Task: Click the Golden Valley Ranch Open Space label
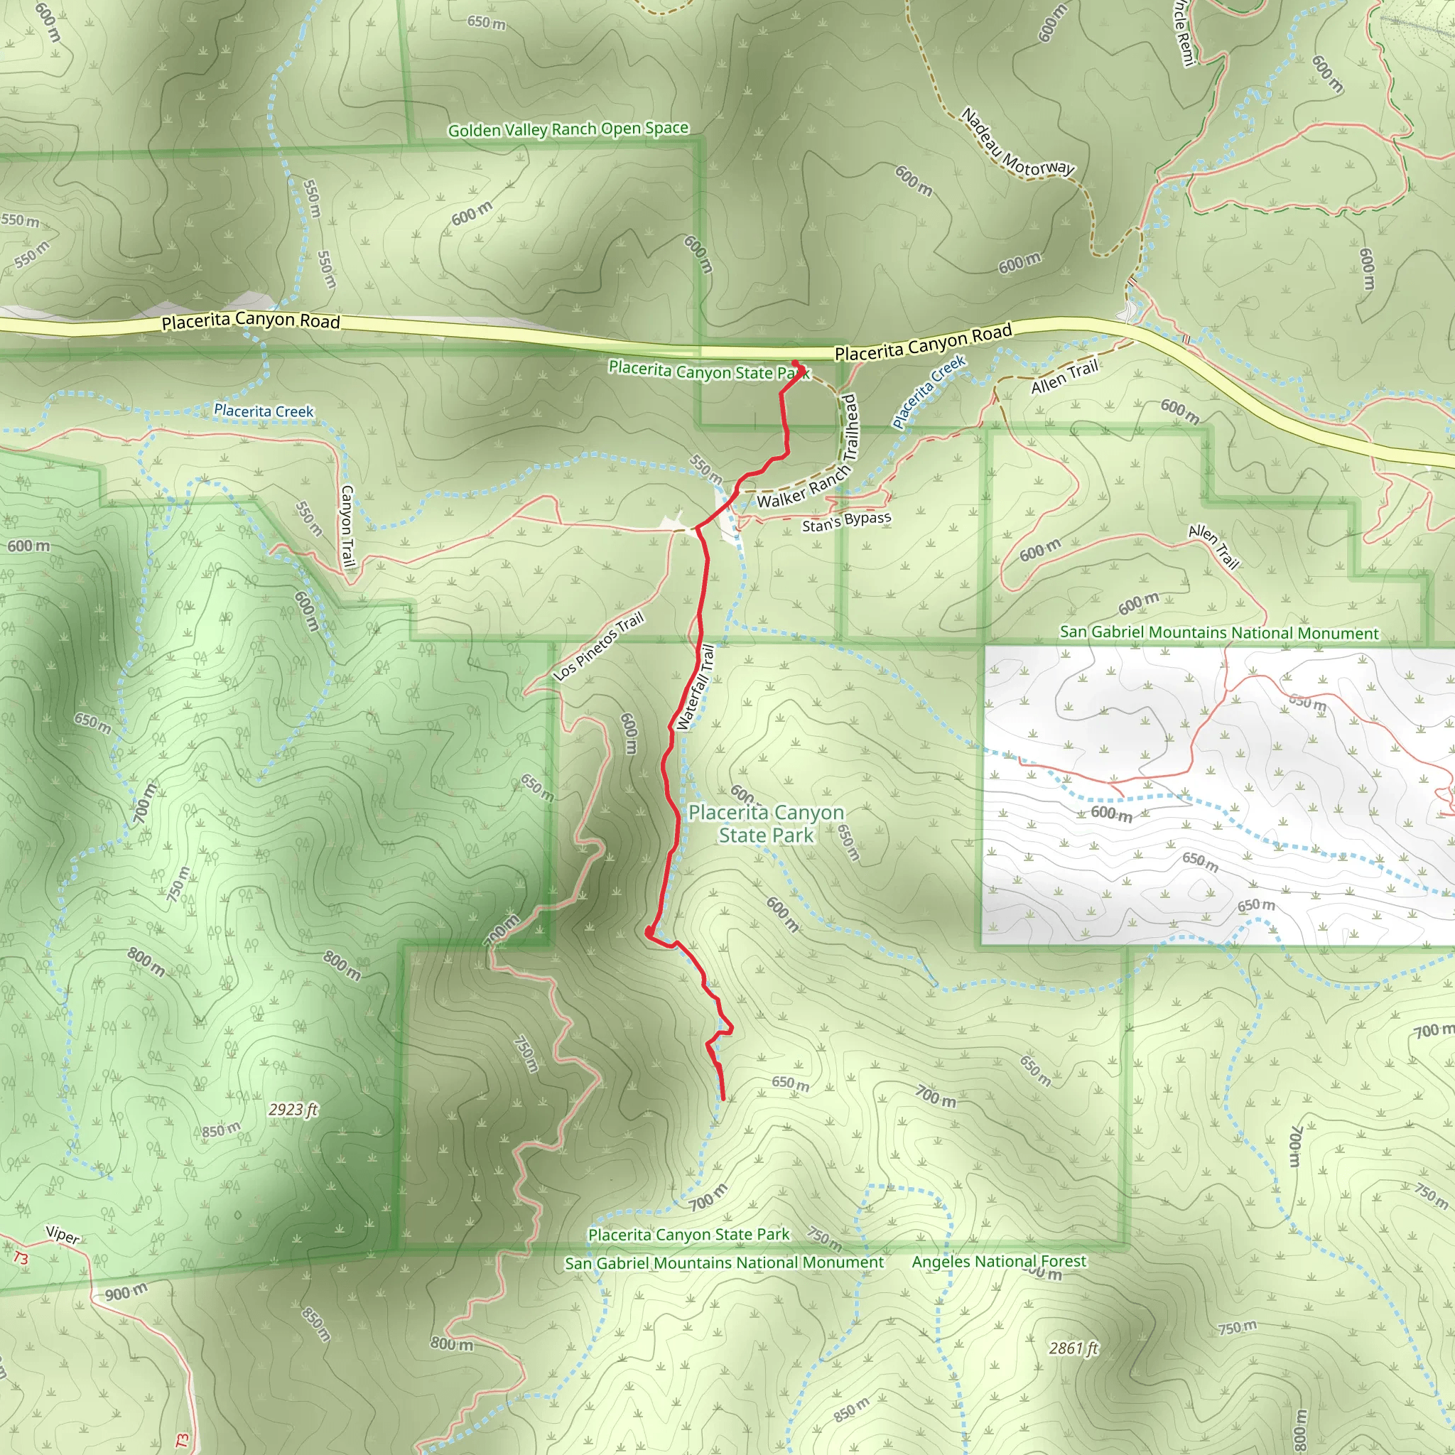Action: [568, 129]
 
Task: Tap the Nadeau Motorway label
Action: [1017, 144]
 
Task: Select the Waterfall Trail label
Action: [695, 687]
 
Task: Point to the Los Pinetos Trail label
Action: [599, 647]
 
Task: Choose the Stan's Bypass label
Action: [845, 521]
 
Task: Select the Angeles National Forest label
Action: [999, 1262]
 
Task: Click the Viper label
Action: [63, 1235]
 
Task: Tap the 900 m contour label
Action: [126, 1293]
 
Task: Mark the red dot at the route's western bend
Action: [649, 933]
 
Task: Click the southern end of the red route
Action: [723, 1099]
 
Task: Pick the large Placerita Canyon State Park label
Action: [766, 823]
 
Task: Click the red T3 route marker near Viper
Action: [21, 1257]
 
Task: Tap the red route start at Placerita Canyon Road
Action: [795, 364]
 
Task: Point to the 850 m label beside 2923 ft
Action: [221, 1130]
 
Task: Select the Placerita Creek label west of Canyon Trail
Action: [264, 411]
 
